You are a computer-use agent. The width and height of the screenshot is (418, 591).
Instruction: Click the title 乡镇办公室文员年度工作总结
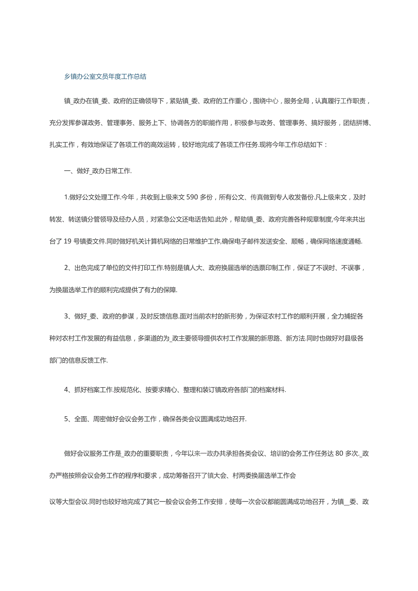click(105, 77)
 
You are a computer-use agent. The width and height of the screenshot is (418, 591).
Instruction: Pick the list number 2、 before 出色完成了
click(69, 268)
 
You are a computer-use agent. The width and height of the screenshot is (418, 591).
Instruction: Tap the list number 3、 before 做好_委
click(69, 316)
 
